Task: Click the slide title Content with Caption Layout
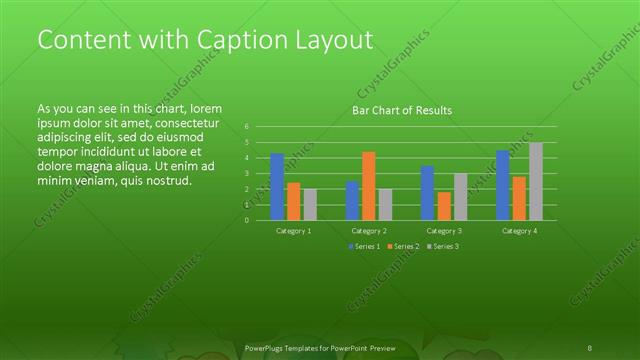coord(205,40)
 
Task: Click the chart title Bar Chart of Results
coord(401,110)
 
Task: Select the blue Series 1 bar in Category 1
coord(277,186)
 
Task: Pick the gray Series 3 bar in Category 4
coord(536,181)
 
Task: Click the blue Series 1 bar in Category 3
coord(427,193)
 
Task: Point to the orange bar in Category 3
coord(444,206)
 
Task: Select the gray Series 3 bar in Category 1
coord(310,204)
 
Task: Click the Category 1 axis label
coord(293,230)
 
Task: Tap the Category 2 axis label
coord(369,230)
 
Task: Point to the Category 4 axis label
coord(519,230)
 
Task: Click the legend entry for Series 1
coord(364,246)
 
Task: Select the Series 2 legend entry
coord(402,246)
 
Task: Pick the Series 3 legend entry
coord(443,246)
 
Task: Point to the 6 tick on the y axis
coord(246,127)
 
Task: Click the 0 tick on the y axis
coord(246,220)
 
